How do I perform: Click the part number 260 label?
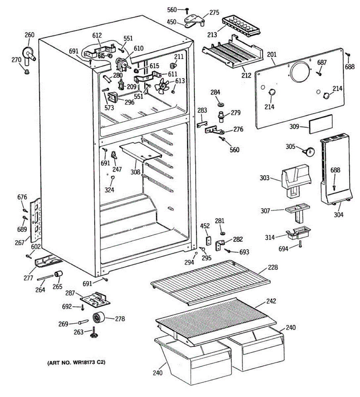coord(29,35)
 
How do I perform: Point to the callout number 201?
coord(272,55)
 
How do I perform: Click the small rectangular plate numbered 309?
coord(321,124)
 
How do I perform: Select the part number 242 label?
coord(271,301)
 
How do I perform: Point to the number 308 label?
coord(135,172)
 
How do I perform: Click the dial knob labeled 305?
coord(310,152)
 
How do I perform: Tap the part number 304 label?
coord(338,215)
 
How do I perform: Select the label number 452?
coord(205,226)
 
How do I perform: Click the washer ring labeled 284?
coord(221,105)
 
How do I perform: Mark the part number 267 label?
coord(20,243)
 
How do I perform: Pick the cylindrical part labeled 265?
coord(59,274)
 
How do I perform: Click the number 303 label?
coord(264,178)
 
